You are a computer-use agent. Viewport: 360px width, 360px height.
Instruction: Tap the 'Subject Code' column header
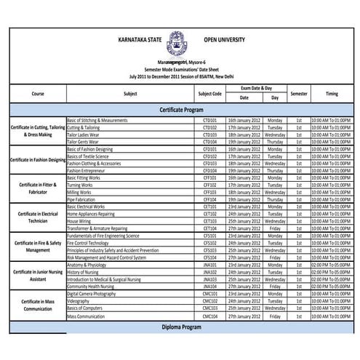pyautogui.click(x=209, y=93)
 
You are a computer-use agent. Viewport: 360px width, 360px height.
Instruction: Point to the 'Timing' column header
pyautogui.click(x=332, y=93)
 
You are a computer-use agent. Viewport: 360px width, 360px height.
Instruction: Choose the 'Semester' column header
pyautogui.click(x=299, y=93)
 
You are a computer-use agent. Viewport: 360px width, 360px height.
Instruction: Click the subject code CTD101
pyautogui.click(x=209, y=119)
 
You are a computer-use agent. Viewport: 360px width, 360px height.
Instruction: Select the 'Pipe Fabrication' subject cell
pyautogui.click(x=81, y=199)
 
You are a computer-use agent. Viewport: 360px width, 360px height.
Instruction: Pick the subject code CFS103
pyautogui.click(x=209, y=250)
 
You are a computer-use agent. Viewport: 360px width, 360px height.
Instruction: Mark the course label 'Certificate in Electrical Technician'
pyautogui.click(x=38, y=217)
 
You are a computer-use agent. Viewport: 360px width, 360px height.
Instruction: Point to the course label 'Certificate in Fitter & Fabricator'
pyautogui.click(x=38, y=188)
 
